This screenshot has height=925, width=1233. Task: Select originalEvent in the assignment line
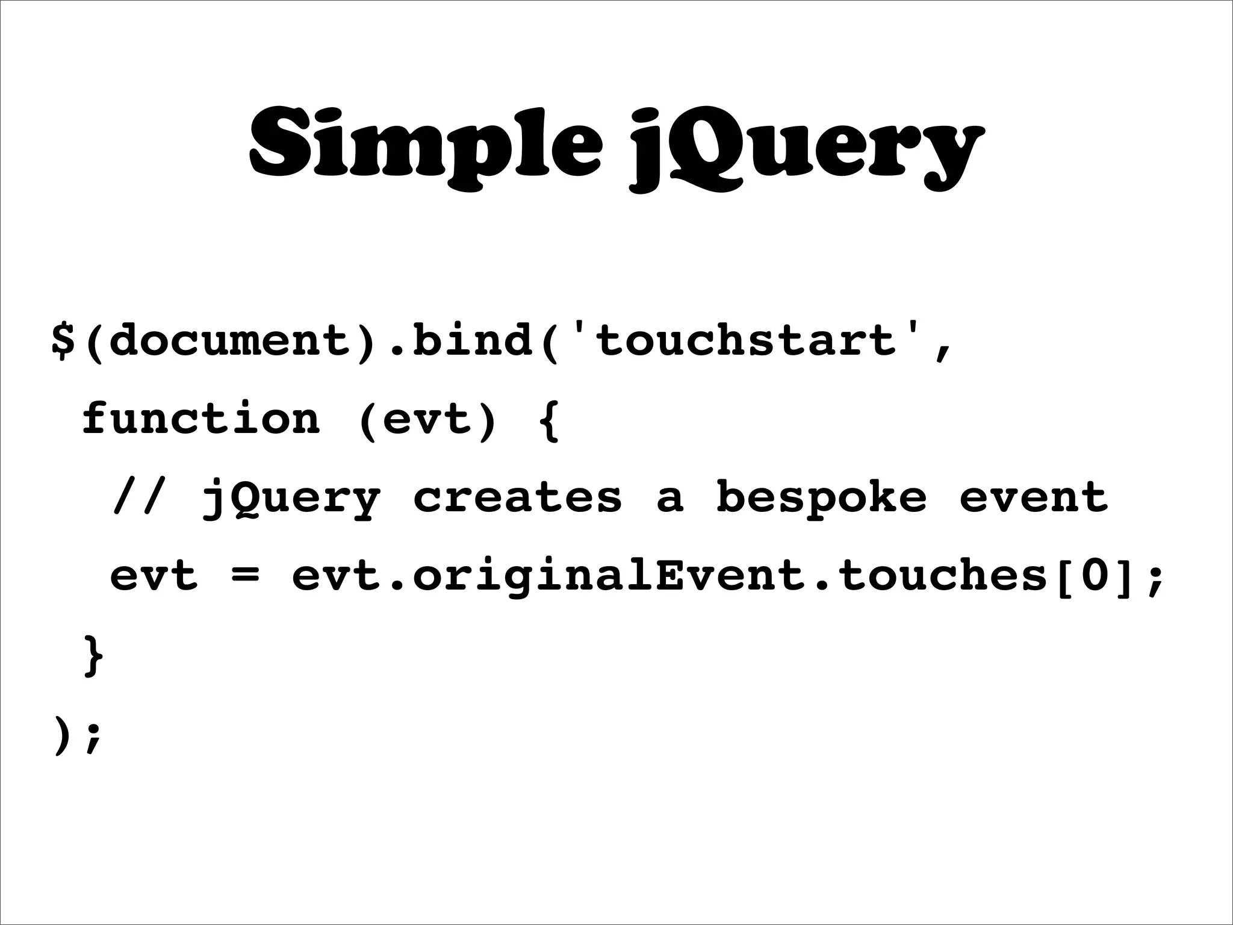click(x=609, y=577)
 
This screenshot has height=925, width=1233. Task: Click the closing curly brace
click(x=94, y=655)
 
